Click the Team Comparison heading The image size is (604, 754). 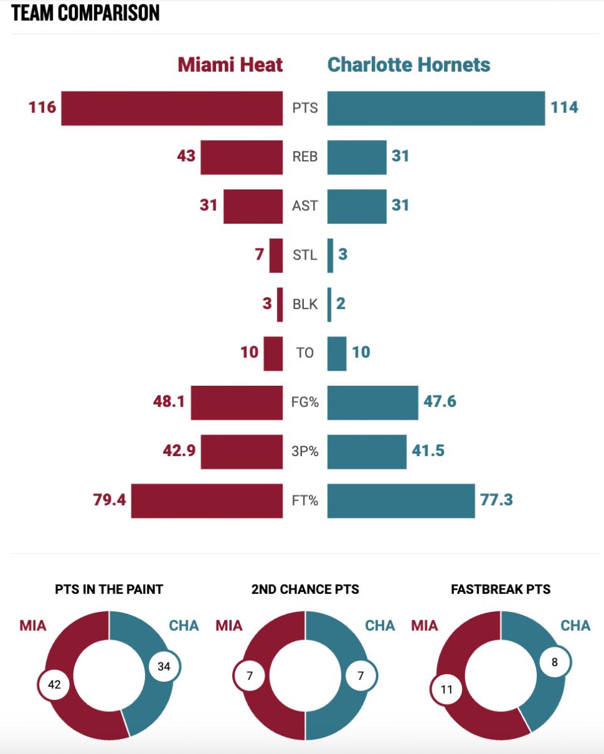[85, 13]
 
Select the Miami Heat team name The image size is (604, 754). [230, 65]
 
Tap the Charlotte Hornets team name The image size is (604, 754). [409, 65]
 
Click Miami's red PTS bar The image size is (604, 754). [171, 108]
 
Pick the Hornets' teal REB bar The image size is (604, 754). [357, 157]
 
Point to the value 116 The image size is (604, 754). [42, 107]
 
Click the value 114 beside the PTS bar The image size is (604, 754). [564, 107]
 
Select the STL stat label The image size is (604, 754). [305, 255]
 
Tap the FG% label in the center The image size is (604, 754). [305, 402]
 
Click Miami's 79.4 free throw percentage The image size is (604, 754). [109, 500]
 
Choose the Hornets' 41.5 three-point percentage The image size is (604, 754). [428, 451]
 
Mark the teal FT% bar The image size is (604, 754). [401, 501]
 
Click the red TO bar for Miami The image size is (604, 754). [273, 353]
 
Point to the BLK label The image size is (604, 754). [305, 304]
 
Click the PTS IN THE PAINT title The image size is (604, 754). [109, 589]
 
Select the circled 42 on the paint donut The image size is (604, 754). [54, 684]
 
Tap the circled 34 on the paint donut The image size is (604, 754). [164, 667]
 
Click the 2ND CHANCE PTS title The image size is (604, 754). [305, 589]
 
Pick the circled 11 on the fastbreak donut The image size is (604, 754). [446, 689]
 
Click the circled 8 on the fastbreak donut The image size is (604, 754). [554, 662]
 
